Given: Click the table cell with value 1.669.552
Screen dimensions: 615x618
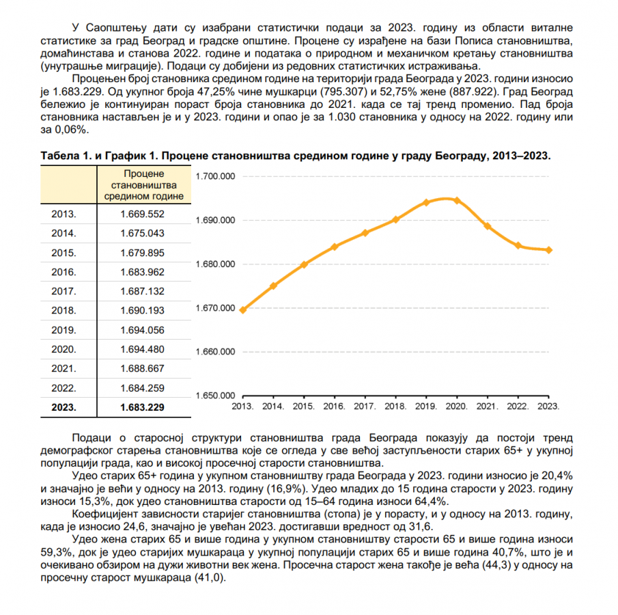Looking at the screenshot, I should point(143,214).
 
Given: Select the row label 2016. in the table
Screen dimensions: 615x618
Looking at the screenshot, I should point(64,272).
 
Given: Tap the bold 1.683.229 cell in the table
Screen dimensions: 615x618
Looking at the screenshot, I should point(143,407).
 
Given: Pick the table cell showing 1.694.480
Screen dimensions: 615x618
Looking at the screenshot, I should point(143,349).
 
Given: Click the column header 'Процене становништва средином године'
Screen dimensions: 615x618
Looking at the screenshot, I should point(143,185).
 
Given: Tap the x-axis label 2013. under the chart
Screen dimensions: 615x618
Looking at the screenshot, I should point(242,406).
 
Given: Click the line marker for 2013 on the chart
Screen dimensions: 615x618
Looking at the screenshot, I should point(242,310).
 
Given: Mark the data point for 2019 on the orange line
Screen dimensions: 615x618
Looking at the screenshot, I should point(425,202).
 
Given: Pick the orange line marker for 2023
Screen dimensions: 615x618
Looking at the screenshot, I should point(548,250).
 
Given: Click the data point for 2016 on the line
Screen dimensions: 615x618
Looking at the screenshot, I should point(335,247).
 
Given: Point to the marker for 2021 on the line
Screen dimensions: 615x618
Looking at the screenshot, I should point(488,226).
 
